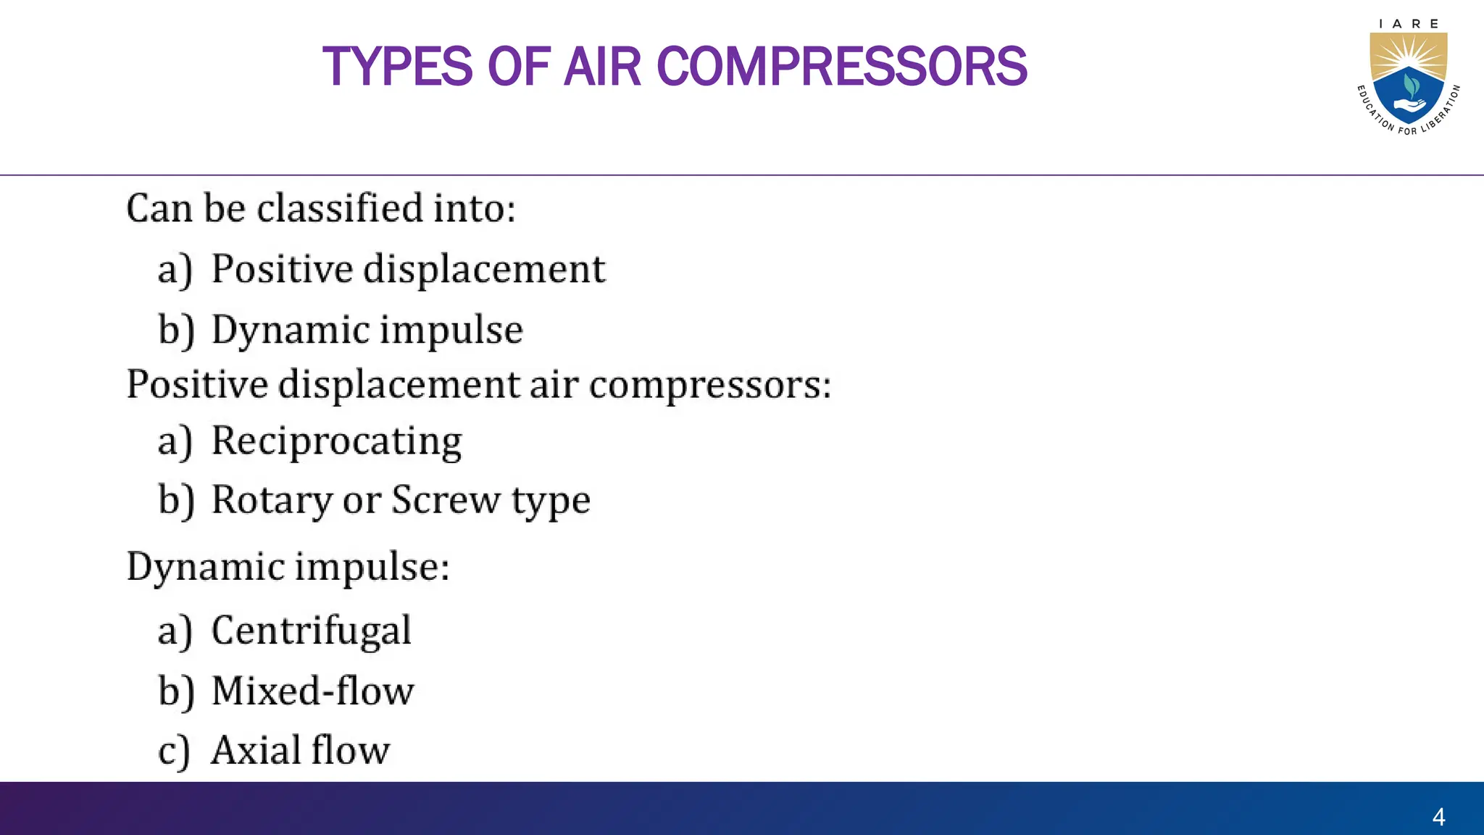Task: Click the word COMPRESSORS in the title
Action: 841,67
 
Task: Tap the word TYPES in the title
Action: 397,67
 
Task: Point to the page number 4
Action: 1438,817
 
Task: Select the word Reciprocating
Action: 336,441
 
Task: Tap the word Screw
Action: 446,500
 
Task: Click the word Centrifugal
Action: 311,631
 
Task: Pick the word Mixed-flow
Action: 312,691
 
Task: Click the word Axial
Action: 253,750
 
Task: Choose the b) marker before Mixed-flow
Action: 176,691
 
